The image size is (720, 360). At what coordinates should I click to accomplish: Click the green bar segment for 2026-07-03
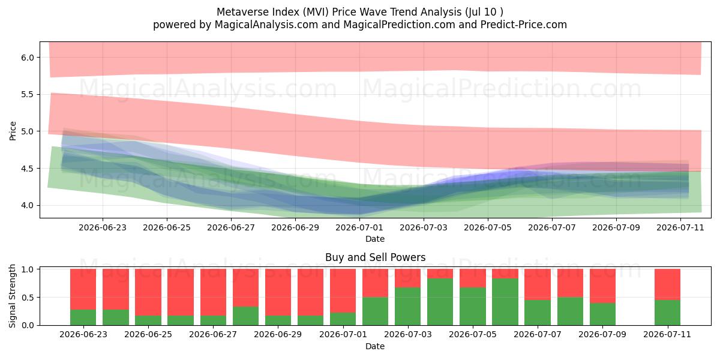[407, 306]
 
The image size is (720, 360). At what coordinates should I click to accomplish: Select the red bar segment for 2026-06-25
[148, 292]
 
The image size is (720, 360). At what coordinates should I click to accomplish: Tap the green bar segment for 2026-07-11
[667, 313]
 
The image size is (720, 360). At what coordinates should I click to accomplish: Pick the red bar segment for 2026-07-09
[602, 286]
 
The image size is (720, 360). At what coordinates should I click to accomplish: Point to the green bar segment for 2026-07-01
[343, 319]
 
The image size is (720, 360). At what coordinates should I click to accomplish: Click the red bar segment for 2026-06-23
[83, 289]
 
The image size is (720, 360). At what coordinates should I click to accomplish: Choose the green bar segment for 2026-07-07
[538, 313]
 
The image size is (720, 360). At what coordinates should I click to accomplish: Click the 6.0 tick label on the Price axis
[28, 58]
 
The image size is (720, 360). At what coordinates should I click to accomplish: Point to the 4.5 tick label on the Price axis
[28, 169]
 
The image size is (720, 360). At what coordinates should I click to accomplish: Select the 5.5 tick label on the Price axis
[28, 95]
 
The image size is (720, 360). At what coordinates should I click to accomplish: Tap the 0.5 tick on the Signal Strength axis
[28, 298]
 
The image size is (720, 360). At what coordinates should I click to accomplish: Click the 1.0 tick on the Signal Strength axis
[28, 269]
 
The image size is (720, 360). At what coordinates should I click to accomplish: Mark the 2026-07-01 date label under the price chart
[359, 227]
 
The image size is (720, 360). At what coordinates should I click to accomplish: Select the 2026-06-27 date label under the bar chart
[213, 334]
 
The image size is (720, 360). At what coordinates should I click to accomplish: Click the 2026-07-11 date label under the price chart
[680, 227]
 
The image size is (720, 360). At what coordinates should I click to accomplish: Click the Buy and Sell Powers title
[375, 257]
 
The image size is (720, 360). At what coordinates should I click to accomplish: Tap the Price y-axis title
[13, 131]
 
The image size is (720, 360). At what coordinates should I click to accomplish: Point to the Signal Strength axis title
[12, 296]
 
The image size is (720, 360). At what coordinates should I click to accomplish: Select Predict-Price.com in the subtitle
[524, 25]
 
